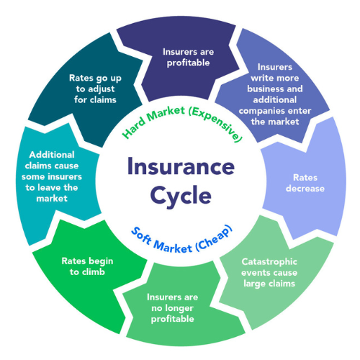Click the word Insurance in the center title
[x=181, y=166]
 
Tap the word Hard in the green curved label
[x=133, y=128]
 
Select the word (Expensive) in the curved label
[x=216, y=124]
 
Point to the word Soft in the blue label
[x=142, y=236]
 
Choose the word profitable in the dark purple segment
[x=188, y=63]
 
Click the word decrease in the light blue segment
[x=305, y=189]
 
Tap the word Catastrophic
[x=269, y=261]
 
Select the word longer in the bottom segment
[x=178, y=308]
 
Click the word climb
[x=94, y=271]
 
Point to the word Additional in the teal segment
[x=52, y=155]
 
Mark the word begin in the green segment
[x=100, y=261]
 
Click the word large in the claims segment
[x=254, y=284]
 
